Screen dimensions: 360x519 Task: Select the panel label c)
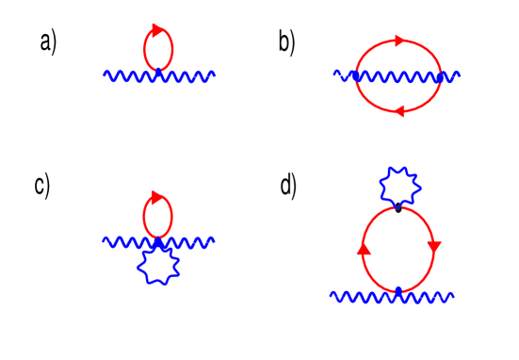coord(41,186)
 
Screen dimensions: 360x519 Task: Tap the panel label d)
coord(288,186)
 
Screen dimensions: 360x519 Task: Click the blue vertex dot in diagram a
coord(158,72)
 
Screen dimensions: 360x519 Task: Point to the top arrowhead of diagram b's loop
coord(400,41)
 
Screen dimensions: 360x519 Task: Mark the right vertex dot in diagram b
coord(441,76)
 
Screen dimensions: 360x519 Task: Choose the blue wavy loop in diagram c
coord(157,267)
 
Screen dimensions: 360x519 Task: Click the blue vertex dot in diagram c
coord(157,242)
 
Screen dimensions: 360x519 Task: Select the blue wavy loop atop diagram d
coord(397,186)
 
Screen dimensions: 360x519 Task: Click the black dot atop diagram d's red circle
coord(398,207)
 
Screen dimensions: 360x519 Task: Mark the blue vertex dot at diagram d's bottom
coord(398,291)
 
